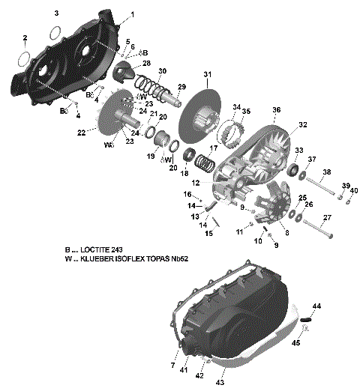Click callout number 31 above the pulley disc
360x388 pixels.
(208, 73)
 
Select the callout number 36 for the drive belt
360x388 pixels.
(277, 110)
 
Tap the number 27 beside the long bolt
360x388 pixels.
(327, 217)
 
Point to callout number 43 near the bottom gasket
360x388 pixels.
(220, 382)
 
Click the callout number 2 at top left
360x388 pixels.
(25, 37)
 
